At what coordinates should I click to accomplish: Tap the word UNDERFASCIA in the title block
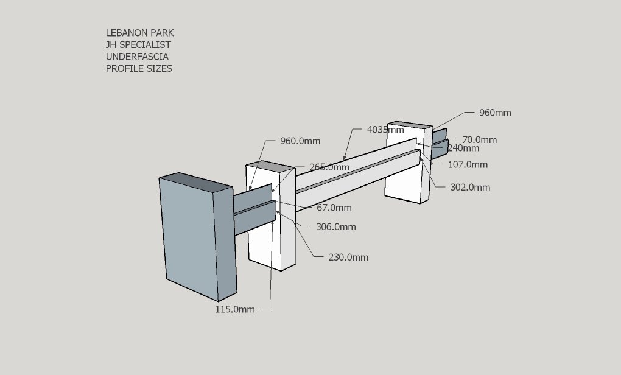pyautogui.click(x=137, y=57)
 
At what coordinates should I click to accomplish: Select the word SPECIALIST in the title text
pyautogui.click(x=145, y=45)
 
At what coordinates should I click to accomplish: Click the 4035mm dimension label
pyautogui.click(x=385, y=130)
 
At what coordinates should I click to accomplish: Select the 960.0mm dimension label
pyautogui.click(x=300, y=141)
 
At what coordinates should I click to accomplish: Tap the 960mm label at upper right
pyautogui.click(x=495, y=113)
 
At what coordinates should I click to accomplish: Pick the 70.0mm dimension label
pyautogui.click(x=479, y=140)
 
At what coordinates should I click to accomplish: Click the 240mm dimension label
pyautogui.click(x=463, y=148)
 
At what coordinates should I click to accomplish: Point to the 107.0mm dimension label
pyautogui.click(x=468, y=164)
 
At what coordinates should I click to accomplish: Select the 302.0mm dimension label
pyautogui.click(x=470, y=187)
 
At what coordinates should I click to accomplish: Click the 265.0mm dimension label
pyautogui.click(x=329, y=167)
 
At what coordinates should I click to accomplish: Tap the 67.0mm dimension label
pyautogui.click(x=334, y=208)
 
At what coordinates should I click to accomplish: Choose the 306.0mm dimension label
pyautogui.click(x=336, y=227)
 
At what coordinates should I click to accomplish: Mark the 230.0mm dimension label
pyautogui.click(x=348, y=258)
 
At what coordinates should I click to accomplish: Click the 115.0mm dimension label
pyautogui.click(x=235, y=309)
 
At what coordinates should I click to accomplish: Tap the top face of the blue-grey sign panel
pyautogui.click(x=196, y=183)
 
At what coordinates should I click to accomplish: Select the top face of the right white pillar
pyautogui.click(x=410, y=125)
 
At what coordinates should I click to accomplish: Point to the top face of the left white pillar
pyautogui.click(x=270, y=167)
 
